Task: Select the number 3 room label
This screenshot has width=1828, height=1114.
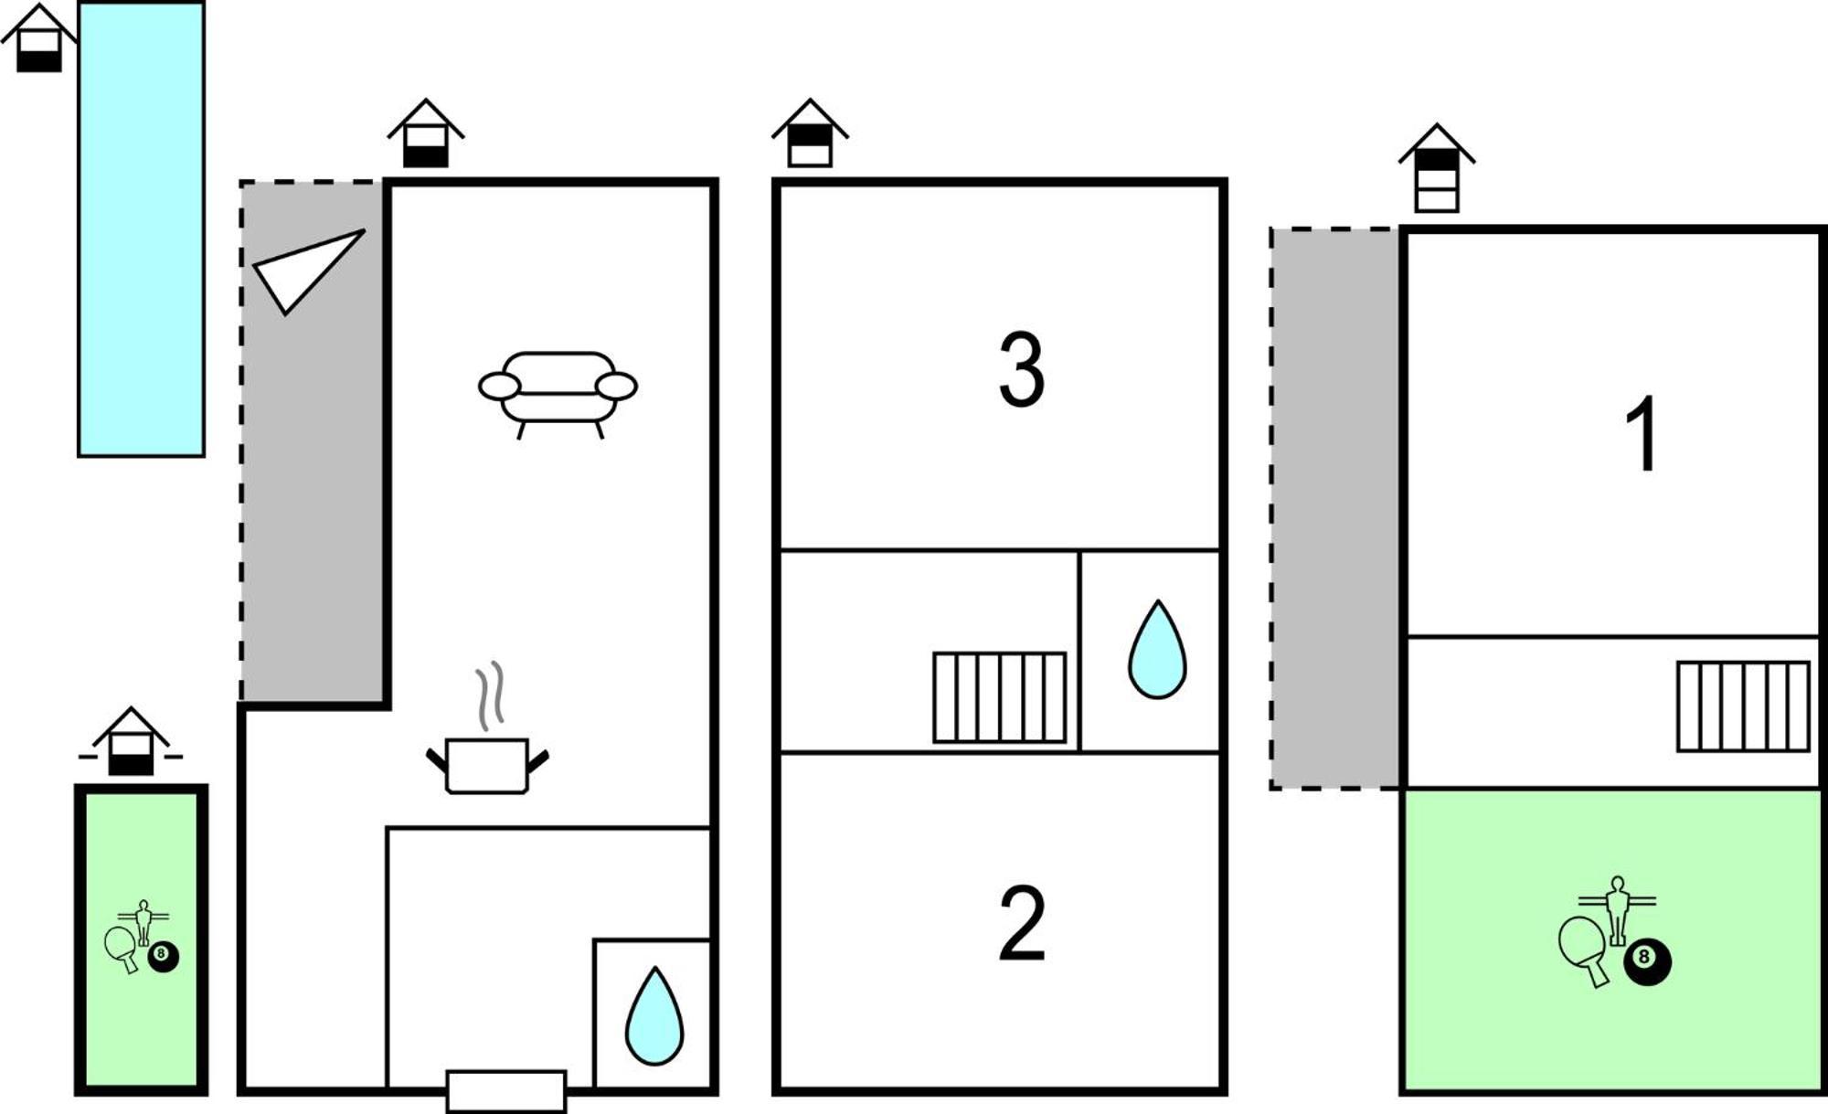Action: (1021, 369)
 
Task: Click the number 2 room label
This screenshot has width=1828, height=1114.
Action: (1022, 922)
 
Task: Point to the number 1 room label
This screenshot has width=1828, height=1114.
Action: (1642, 433)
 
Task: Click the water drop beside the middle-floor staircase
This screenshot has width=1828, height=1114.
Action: (1157, 650)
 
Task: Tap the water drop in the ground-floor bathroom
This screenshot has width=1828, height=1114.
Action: (654, 1016)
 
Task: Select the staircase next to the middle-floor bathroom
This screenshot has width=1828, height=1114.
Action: (1000, 697)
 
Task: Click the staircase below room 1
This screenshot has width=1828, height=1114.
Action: (1743, 706)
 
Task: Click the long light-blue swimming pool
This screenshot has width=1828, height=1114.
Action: (141, 228)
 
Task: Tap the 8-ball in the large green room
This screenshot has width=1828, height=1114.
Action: (1647, 962)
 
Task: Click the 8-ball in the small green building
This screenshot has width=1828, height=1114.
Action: (164, 956)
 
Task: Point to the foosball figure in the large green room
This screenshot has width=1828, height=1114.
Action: (1618, 909)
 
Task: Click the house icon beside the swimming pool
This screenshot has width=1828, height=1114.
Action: (38, 37)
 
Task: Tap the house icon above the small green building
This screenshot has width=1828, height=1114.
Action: (131, 741)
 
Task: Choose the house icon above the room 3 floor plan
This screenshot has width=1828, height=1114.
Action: (810, 133)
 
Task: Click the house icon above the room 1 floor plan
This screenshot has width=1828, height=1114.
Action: (1437, 168)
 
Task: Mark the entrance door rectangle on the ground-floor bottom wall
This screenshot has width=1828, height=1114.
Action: (506, 1091)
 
